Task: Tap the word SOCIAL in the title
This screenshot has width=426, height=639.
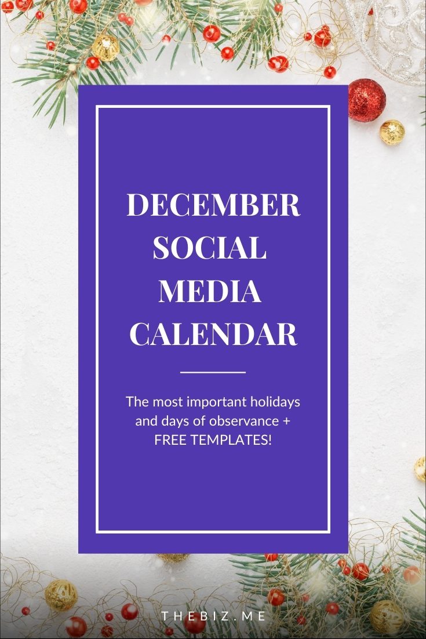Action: tap(210, 248)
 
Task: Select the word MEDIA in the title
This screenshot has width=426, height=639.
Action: tap(210, 291)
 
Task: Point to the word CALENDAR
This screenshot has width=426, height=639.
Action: tap(213, 334)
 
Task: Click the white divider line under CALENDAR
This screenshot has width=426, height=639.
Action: tap(213, 372)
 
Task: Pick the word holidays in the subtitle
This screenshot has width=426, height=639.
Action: tap(275, 402)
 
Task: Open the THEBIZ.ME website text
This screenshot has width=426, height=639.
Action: tap(213, 616)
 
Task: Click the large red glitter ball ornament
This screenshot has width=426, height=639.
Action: tap(366, 100)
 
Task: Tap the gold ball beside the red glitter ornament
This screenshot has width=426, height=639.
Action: tap(392, 132)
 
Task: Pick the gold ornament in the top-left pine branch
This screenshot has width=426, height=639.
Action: tap(105, 48)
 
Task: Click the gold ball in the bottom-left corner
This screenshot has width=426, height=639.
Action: tap(61, 596)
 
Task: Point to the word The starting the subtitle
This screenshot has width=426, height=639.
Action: tap(137, 402)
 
